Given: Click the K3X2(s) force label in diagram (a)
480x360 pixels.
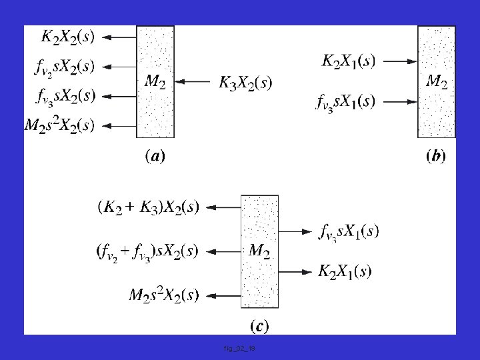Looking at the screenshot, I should [x=245, y=83].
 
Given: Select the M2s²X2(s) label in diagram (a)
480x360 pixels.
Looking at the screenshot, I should [x=59, y=125].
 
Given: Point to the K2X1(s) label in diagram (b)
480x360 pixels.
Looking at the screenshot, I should [x=348, y=61].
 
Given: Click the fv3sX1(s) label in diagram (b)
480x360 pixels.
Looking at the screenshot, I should [x=345, y=102].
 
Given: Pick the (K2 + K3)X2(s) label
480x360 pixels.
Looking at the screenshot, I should [x=148, y=207].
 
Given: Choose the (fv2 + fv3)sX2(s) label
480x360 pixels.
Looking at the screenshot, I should [x=147, y=251].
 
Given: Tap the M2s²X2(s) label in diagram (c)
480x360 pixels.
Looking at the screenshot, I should [x=163, y=295].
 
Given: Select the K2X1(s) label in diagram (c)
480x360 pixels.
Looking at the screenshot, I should [x=345, y=271].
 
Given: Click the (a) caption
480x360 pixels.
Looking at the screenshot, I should [x=155, y=157].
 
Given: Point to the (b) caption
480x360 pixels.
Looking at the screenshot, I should [x=436, y=157].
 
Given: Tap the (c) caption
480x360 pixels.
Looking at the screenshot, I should [x=259, y=326].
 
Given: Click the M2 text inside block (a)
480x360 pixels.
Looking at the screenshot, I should [x=155, y=83].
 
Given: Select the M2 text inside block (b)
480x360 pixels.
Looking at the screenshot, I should [x=436, y=82].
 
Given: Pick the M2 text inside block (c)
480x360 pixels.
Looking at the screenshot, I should [x=259, y=251].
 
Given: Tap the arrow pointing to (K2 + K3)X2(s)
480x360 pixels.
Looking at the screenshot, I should [x=223, y=207].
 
